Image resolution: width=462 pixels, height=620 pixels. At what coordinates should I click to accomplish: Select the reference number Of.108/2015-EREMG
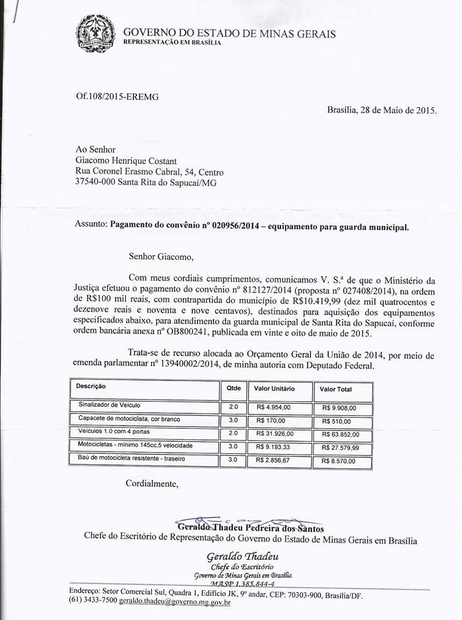[117, 96]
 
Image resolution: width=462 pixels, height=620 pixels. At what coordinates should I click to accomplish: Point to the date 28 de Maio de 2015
[397, 110]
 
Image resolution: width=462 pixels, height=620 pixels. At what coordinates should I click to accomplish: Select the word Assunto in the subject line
[92, 227]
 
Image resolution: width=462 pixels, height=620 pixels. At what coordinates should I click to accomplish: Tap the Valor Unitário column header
[275, 389]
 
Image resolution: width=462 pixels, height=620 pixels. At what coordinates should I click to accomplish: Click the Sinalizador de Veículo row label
[109, 406]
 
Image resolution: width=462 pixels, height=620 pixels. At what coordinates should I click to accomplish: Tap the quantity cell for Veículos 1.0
[233, 433]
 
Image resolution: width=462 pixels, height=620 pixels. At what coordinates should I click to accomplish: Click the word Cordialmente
[151, 483]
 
